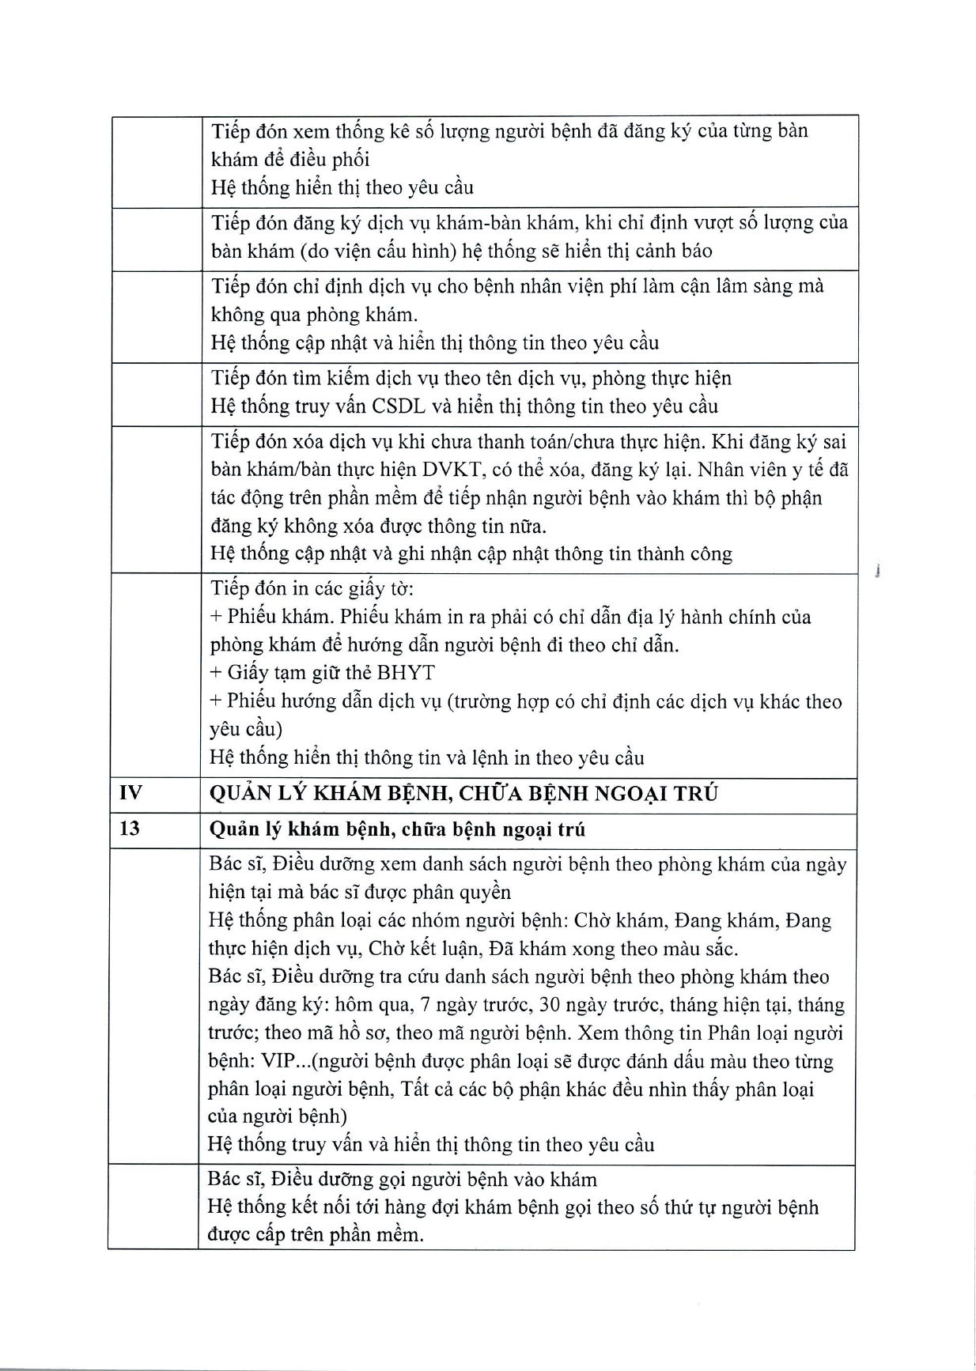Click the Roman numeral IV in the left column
[x=130, y=793]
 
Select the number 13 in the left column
[x=130, y=829]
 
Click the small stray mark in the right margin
[x=880, y=571]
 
